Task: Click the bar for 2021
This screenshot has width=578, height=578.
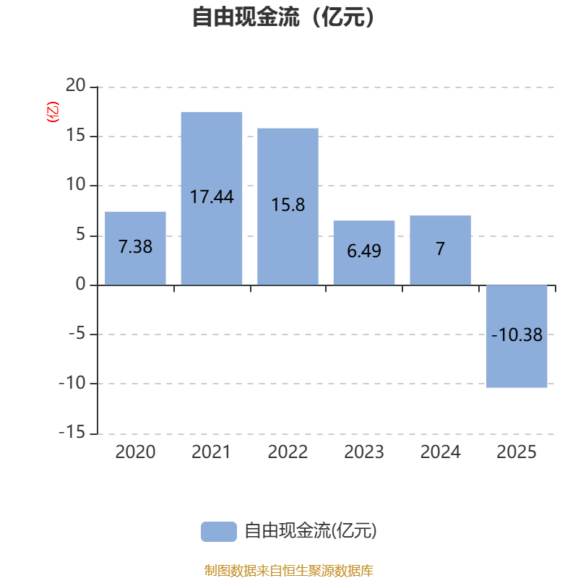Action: [x=212, y=159]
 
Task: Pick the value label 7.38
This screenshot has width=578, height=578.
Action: [x=135, y=246]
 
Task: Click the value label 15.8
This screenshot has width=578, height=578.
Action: [x=288, y=205]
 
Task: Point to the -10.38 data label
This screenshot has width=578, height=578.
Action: [x=517, y=335]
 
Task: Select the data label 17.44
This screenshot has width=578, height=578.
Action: [x=212, y=197]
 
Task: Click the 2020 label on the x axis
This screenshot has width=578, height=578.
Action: [x=135, y=452]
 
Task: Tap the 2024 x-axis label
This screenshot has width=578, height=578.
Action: [x=441, y=452]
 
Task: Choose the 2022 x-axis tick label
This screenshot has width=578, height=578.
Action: [x=288, y=452]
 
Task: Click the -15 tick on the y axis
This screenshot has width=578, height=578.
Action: [x=72, y=433]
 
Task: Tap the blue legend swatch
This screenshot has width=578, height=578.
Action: [x=218, y=531]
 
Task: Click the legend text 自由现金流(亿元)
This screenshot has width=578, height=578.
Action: [x=311, y=531]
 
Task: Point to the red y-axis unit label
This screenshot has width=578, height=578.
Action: [x=52, y=113]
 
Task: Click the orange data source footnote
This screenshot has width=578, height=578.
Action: [x=289, y=571]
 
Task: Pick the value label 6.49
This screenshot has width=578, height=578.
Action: [x=364, y=251]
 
